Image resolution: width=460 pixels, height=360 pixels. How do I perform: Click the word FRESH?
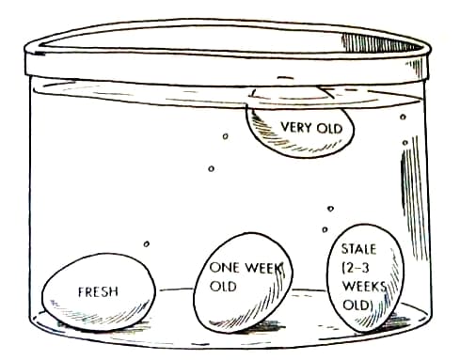tap(98, 291)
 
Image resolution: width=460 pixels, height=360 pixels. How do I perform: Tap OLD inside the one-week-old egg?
tap(223, 285)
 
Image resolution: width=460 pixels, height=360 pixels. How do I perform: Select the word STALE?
tap(358, 249)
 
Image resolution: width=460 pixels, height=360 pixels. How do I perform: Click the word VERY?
tap(295, 126)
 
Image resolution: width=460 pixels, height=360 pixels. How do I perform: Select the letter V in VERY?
tap(284, 126)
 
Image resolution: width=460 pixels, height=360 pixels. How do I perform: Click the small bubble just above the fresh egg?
tap(146, 245)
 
